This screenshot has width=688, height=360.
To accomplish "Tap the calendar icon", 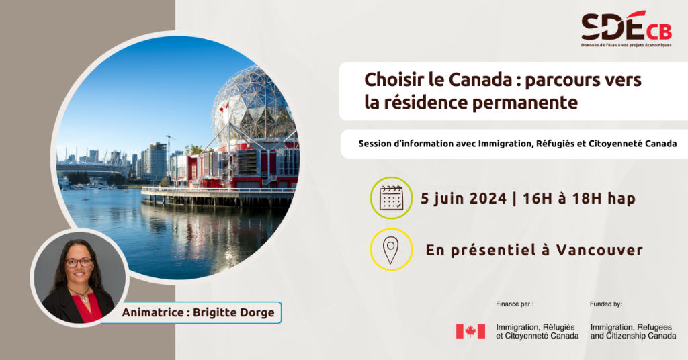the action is pos(391,197).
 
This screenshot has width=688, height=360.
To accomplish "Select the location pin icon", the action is pos(390,250).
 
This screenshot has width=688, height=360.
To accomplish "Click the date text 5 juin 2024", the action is pos(464,199).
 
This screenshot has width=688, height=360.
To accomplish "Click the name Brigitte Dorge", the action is pos(233,312).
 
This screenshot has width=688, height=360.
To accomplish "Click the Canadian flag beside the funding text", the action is pos(470,332).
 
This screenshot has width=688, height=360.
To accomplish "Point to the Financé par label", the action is pos(515,304).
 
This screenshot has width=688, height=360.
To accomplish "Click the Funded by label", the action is pos(605,304).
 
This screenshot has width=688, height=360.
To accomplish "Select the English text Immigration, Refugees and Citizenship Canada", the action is pos(633,332).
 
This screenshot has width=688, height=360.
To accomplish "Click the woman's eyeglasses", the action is pos(79,263).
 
